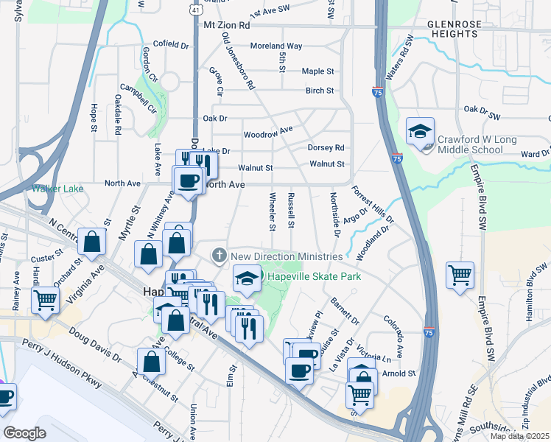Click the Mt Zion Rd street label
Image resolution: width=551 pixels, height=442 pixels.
pyautogui.click(x=226, y=25)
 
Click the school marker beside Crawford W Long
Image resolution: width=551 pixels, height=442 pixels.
pyautogui.click(x=420, y=133)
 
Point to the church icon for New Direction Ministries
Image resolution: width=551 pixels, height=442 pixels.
pyautogui.click(x=219, y=256)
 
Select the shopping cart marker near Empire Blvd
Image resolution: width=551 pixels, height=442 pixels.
pyautogui.click(x=460, y=276)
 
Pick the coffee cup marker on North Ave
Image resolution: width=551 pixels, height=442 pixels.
pyautogui.click(x=188, y=180)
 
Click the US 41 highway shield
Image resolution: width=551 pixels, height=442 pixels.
pyautogui.click(x=193, y=9)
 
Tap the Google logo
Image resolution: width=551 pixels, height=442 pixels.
pyautogui.click(x=24, y=433)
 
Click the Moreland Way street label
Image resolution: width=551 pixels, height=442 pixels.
pyautogui.click(x=276, y=46)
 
